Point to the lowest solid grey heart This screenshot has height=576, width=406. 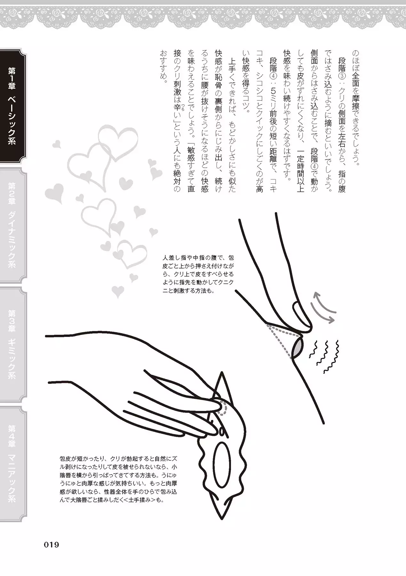[x=118, y=291]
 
